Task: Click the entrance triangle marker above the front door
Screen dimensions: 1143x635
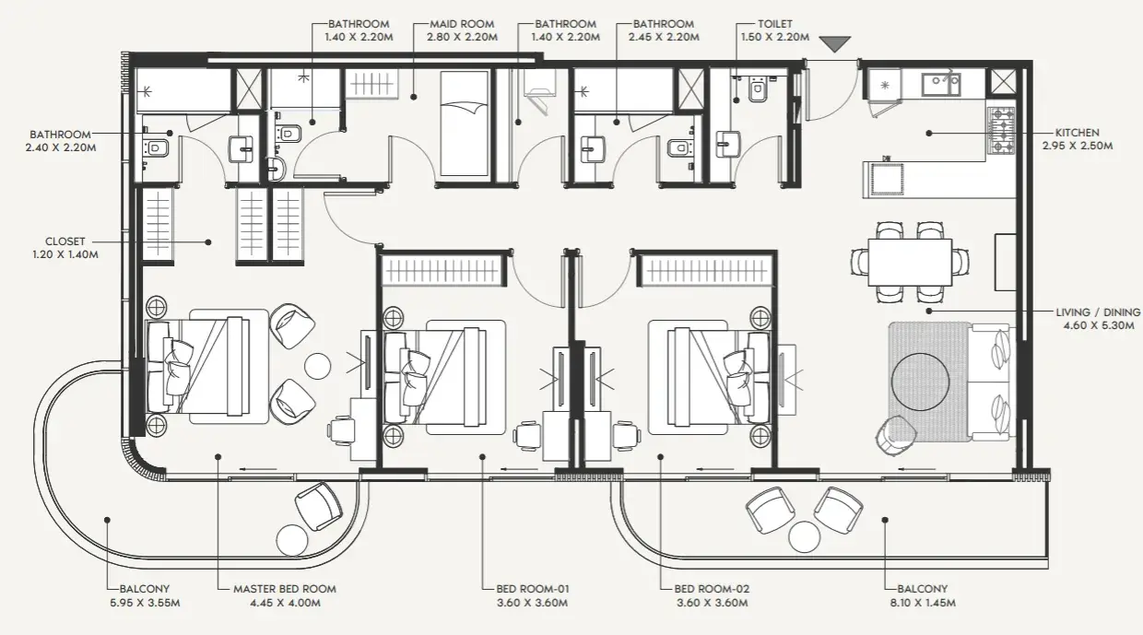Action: click(x=835, y=43)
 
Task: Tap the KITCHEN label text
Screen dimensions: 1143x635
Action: click(x=1078, y=133)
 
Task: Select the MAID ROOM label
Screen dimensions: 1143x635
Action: click(x=462, y=24)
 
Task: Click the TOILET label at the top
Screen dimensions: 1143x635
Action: click(x=775, y=24)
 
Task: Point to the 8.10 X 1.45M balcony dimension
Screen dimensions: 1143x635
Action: click(x=923, y=603)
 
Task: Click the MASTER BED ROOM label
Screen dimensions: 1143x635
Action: click(x=285, y=589)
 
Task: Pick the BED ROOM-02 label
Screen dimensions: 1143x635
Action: click(x=712, y=589)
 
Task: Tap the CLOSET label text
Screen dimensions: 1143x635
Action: click(x=65, y=241)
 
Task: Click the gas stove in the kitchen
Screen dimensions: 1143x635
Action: click(x=1001, y=131)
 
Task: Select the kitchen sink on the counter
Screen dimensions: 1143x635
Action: click(x=941, y=84)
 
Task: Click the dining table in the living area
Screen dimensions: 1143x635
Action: click(x=910, y=263)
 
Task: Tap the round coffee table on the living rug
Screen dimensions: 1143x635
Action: click(x=920, y=382)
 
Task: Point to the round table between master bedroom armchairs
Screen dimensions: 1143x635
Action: click(x=317, y=366)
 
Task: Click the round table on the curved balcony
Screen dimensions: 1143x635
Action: click(x=292, y=540)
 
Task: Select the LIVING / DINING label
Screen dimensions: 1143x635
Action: click(x=1098, y=312)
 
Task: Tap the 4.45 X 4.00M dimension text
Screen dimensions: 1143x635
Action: click(x=285, y=603)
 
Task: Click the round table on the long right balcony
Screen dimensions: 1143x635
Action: click(x=804, y=537)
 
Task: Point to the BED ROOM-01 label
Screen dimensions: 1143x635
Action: click(x=532, y=589)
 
